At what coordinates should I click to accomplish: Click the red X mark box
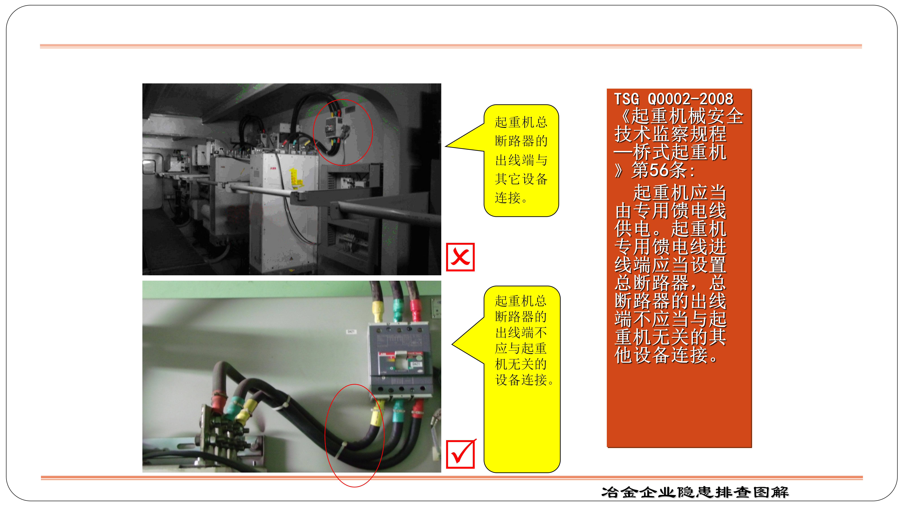click(x=460, y=257)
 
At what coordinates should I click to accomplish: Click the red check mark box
click(x=460, y=454)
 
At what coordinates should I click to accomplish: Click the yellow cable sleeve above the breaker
click(x=378, y=310)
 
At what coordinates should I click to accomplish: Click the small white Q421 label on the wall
click(x=351, y=331)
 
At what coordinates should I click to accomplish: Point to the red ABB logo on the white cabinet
click(x=273, y=168)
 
